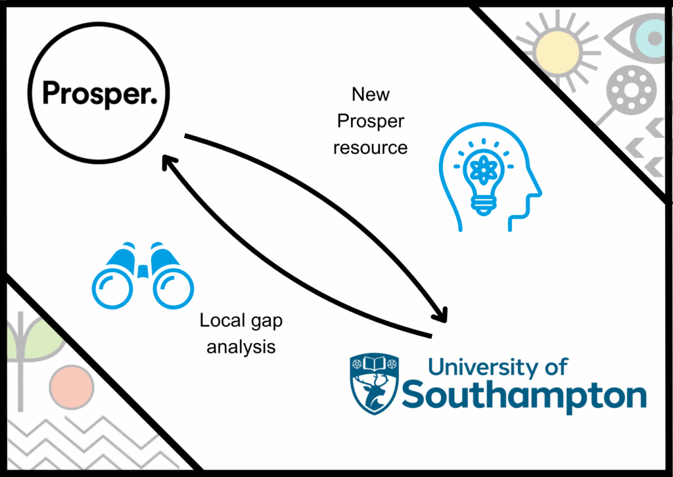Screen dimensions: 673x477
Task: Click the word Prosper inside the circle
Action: [x=100, y=94]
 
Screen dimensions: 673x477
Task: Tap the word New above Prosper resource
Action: [x=371, y=95]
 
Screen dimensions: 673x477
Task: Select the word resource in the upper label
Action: [x=370, y=148]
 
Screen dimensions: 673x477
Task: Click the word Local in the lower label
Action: [x=222, y=320]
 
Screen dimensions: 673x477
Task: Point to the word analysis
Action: [x=241, y=347]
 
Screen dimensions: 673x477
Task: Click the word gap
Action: [x=267, y=322]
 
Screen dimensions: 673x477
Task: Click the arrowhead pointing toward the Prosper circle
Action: [x=169, y=162]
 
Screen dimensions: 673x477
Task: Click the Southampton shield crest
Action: [x=374, y=384]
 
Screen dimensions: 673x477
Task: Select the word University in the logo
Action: [x=483, y=368]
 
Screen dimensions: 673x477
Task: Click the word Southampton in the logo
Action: [x=524, y=395]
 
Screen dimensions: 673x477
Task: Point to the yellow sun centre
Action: [x=557, y=53]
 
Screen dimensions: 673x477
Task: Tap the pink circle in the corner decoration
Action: [x=72, y=387]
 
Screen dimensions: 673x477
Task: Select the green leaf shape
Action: [x=37, y=339]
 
